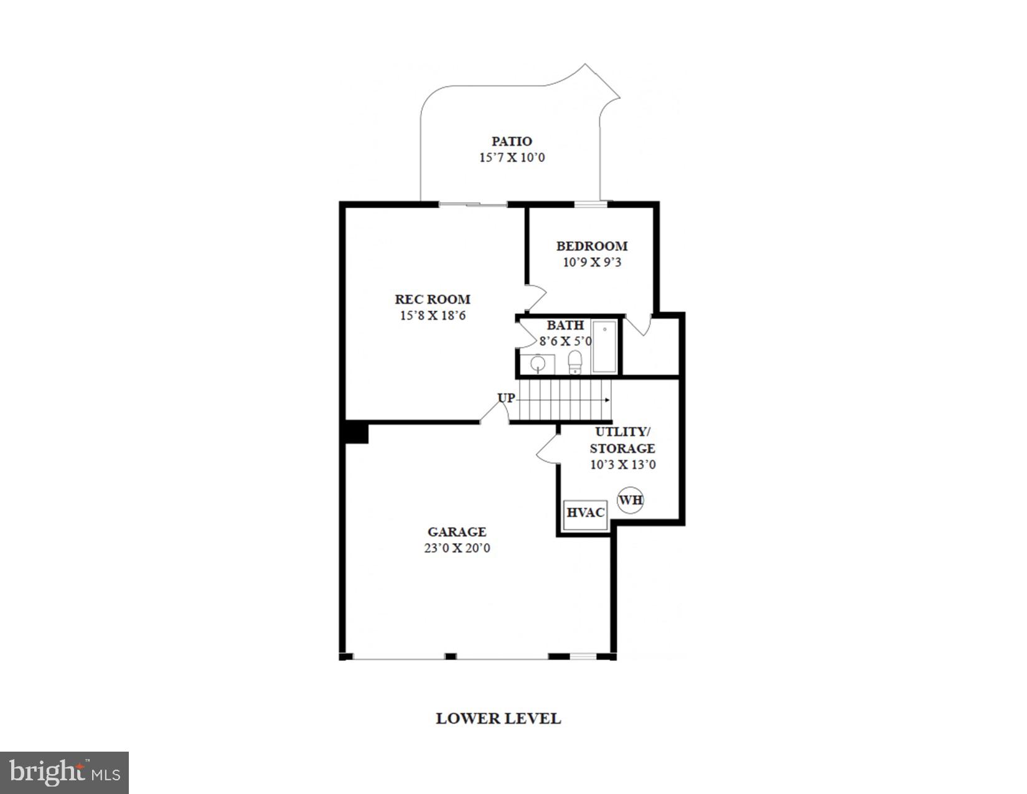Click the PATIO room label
[512, 141]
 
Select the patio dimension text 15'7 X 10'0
[512, 158]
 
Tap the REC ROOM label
[433, 299]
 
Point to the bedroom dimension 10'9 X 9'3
[592, 262]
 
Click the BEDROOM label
[592, 246]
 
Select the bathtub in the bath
[604, 347]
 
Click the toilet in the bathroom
[575, 362]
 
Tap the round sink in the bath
[537, 363]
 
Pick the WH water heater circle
[630, 500]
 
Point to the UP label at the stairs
[506, 397]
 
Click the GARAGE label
[457, 532]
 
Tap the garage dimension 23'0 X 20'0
[457, 549]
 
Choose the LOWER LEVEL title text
[498, 718]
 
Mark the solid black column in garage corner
[357, 433]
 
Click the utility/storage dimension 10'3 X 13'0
[622, 465]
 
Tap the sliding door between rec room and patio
[473, 204]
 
